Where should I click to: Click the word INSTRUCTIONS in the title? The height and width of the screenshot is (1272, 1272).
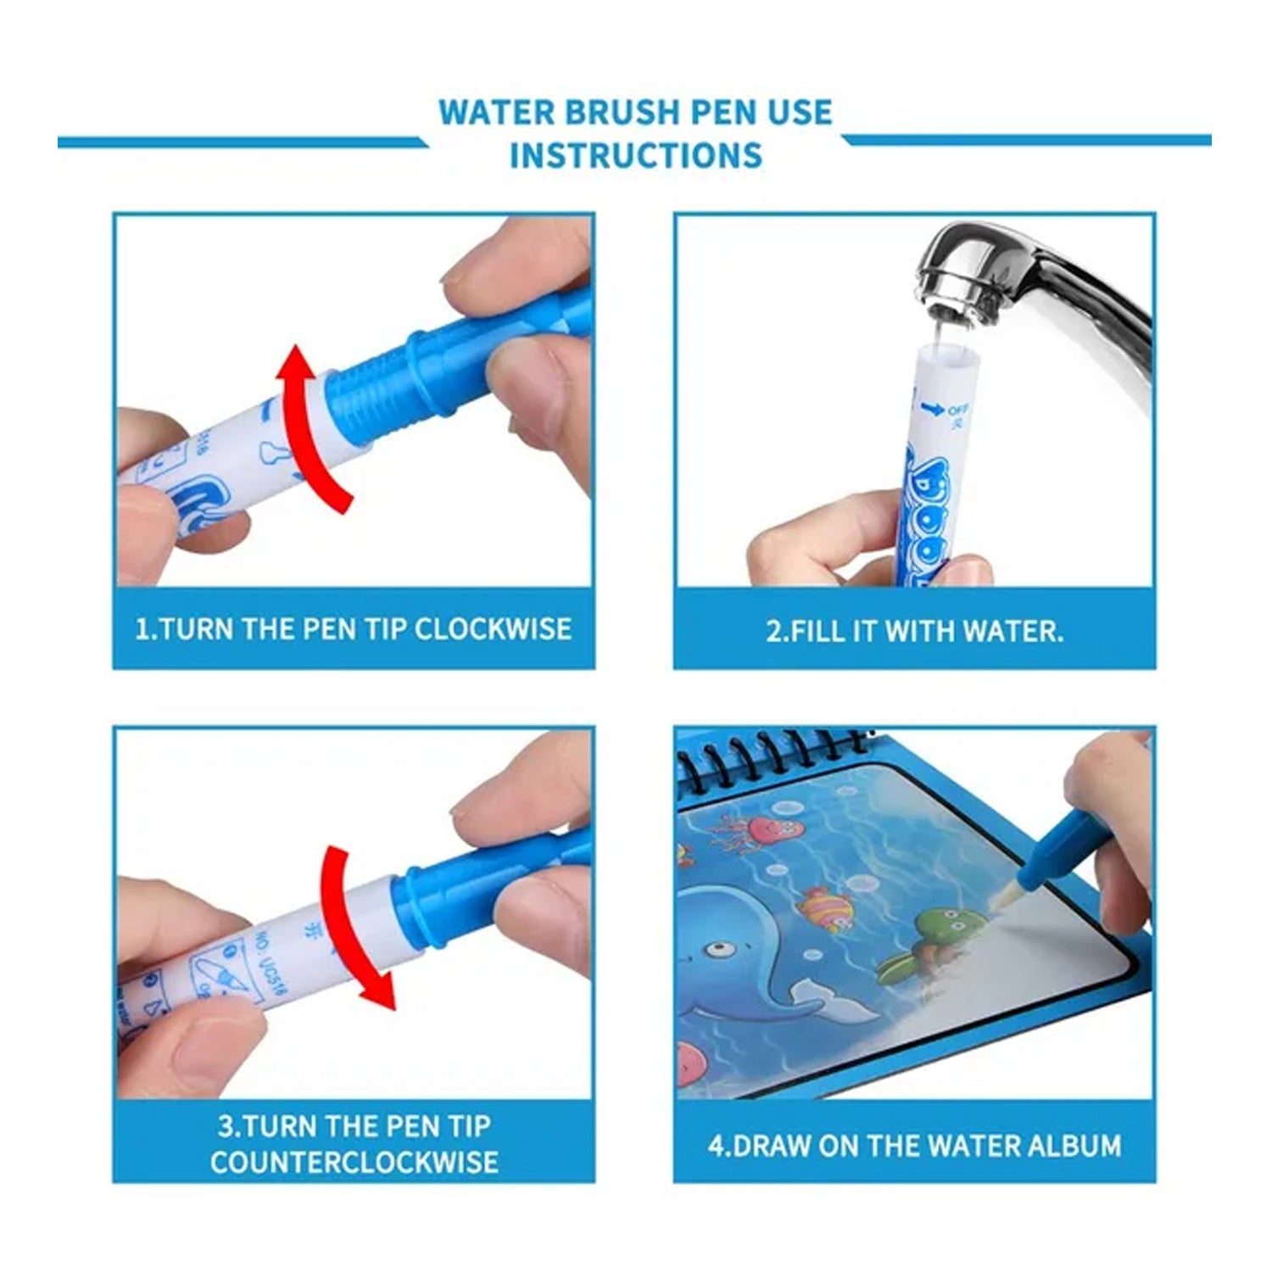[635, 155]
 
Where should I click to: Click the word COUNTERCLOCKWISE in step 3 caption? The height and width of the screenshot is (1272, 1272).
[354, 1161]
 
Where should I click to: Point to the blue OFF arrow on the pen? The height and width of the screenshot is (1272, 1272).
[933, 410]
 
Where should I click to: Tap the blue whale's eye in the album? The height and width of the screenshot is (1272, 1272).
[720, 947]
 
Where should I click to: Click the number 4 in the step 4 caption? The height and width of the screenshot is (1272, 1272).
[717, 1146]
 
